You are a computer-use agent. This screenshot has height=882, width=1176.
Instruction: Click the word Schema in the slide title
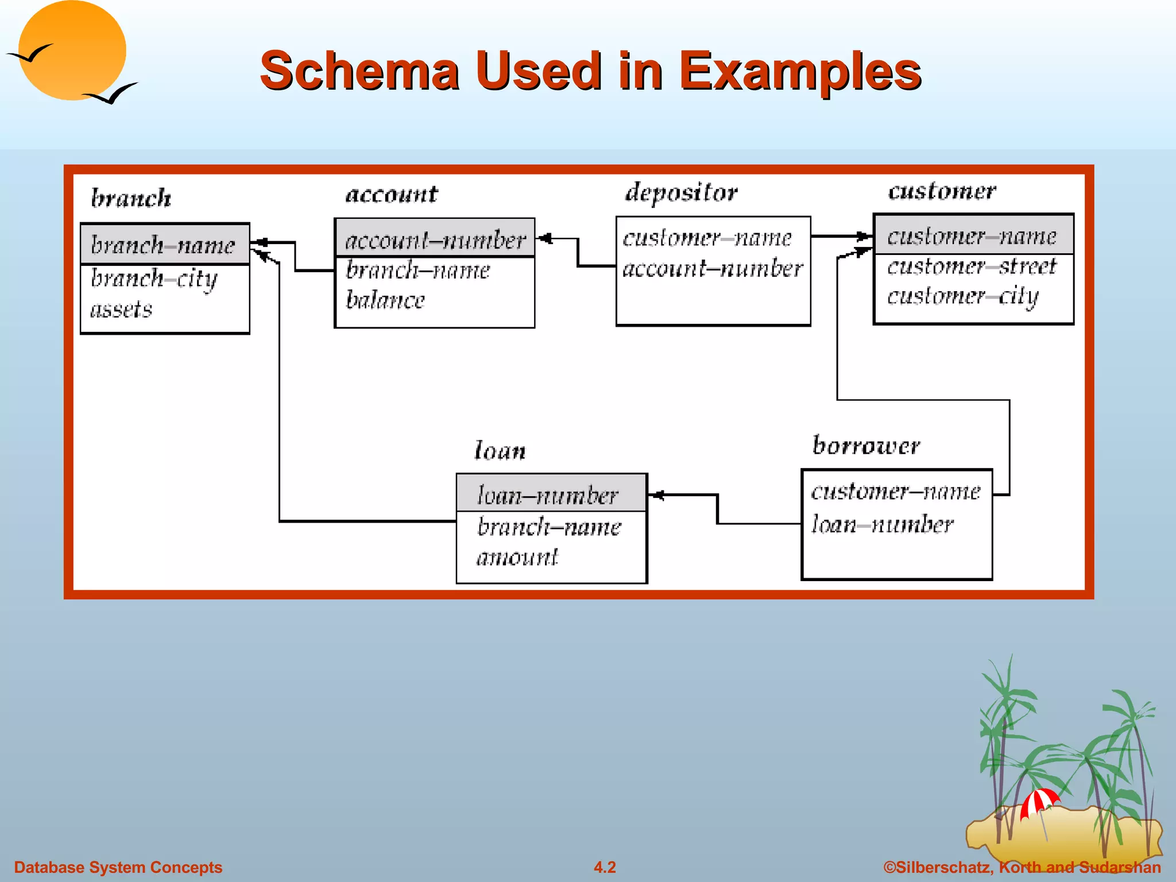359,71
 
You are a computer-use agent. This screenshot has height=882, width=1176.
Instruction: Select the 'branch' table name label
131,198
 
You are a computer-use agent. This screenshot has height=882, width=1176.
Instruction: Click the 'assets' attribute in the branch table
121,310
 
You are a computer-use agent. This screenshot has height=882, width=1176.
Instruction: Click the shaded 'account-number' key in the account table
435,240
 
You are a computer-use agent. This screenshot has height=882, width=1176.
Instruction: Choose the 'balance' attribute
385,300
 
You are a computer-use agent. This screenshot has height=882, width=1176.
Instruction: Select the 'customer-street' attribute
972,266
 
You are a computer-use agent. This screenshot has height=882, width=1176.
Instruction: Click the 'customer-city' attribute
963,296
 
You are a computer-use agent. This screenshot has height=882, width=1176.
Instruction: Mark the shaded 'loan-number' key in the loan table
547,495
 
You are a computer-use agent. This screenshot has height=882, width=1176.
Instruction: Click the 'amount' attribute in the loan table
517,557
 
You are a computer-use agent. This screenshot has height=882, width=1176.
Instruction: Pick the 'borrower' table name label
866,446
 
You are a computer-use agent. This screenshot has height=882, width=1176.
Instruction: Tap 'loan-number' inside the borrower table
882,524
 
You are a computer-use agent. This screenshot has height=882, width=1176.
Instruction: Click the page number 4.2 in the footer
605,867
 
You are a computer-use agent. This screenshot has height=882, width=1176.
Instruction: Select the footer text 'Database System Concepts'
118,867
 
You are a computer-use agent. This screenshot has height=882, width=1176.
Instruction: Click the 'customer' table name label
942,191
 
